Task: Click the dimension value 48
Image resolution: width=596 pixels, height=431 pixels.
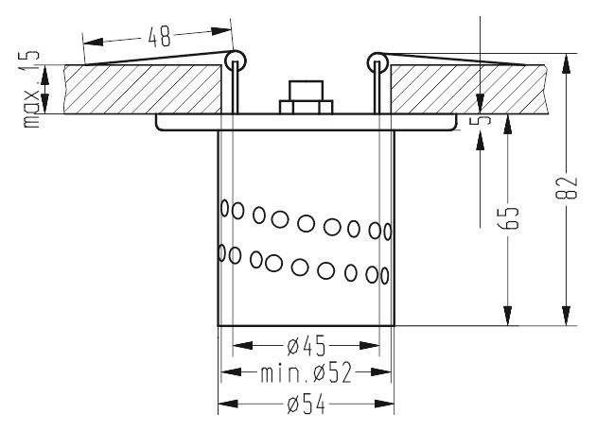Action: [x=160, y=37]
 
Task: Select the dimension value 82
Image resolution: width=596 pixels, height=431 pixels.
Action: [x=567, y=187]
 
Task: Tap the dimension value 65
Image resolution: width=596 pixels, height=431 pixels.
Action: [x=508, y=218]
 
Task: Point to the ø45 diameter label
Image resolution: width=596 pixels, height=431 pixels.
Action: [x=307, y=346]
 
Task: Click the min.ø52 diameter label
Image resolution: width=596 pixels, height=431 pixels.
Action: [x=307, y=373]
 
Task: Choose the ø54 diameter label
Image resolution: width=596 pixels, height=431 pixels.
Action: [x=307, y=404]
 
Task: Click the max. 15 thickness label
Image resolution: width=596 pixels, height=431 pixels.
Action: [x=31, y=89]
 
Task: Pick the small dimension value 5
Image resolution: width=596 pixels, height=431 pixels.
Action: [x=482, y=120]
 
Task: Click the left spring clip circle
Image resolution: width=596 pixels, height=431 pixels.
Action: [x=236, y=60]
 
